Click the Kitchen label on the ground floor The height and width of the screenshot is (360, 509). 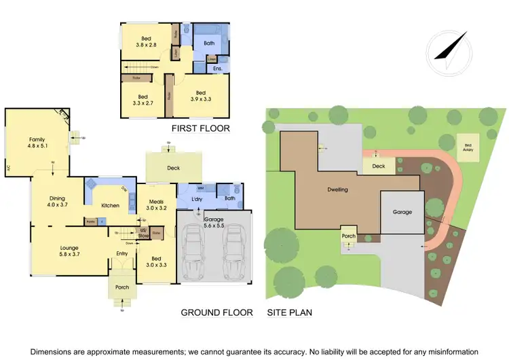[110, 205]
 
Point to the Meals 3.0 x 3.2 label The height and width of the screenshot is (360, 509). [155, 204]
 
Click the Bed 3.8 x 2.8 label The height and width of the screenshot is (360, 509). [145, 41]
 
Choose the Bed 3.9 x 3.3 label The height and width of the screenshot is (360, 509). [200, 96]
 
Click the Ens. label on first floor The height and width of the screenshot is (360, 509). [218, 69]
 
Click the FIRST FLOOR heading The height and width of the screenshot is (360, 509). [200, 128]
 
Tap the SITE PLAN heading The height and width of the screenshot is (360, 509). [289, 312]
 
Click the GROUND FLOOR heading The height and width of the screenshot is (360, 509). [216, 312]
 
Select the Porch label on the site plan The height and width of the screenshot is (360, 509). [348, 236]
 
